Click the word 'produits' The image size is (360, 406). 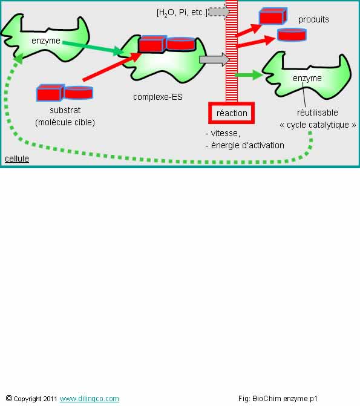(313, 20)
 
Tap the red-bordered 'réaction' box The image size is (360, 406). (232, 113)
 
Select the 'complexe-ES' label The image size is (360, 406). (158, 97)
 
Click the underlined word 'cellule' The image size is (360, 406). (17, 159)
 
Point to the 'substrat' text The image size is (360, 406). (65, 110)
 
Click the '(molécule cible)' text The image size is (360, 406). (65, 122)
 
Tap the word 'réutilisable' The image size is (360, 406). (317, 113)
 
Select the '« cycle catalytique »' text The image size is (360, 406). (318, 125)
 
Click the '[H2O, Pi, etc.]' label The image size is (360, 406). (182, 13)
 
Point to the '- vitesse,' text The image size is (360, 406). (223, 133)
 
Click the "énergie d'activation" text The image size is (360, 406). (247, 145)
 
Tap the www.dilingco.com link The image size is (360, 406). (90, 399)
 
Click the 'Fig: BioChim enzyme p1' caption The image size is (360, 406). (278, 399)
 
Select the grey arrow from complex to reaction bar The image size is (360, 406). (214, 59)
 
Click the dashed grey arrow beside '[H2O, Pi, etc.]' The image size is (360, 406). (219, 12)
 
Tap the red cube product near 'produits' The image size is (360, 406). (273, 16)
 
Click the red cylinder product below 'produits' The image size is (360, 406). (292, 34)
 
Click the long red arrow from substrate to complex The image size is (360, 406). (111, 67)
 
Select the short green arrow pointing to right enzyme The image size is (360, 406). (249, 75)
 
